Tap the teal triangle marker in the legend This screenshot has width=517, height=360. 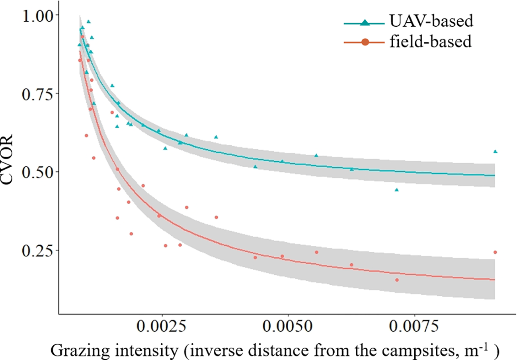(x=364, y=23)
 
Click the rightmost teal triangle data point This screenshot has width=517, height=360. (x=495, y=152)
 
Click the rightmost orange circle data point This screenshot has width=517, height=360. (x=495, y=252)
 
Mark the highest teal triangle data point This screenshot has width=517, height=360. (x=88, y=22)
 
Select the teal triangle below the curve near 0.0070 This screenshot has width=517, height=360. (x=396, y=190)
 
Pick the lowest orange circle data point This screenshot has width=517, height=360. (x=397, y=280)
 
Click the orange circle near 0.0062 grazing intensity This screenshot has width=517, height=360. (x=351, y=265)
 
